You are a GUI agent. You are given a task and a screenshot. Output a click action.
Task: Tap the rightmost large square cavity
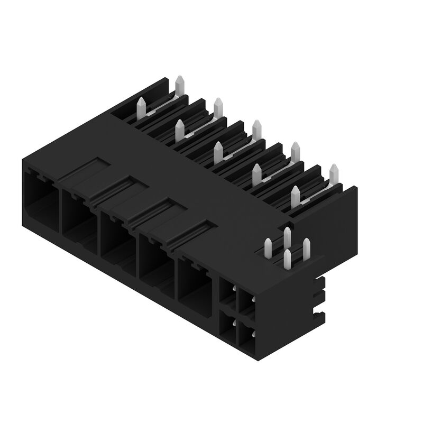pos(195,282)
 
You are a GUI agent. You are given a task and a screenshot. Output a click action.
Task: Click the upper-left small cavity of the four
pos(226,294)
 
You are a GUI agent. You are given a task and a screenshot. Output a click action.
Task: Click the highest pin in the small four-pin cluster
pos(287,235)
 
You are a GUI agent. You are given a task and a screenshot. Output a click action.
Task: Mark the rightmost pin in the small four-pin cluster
pos(306,247)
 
